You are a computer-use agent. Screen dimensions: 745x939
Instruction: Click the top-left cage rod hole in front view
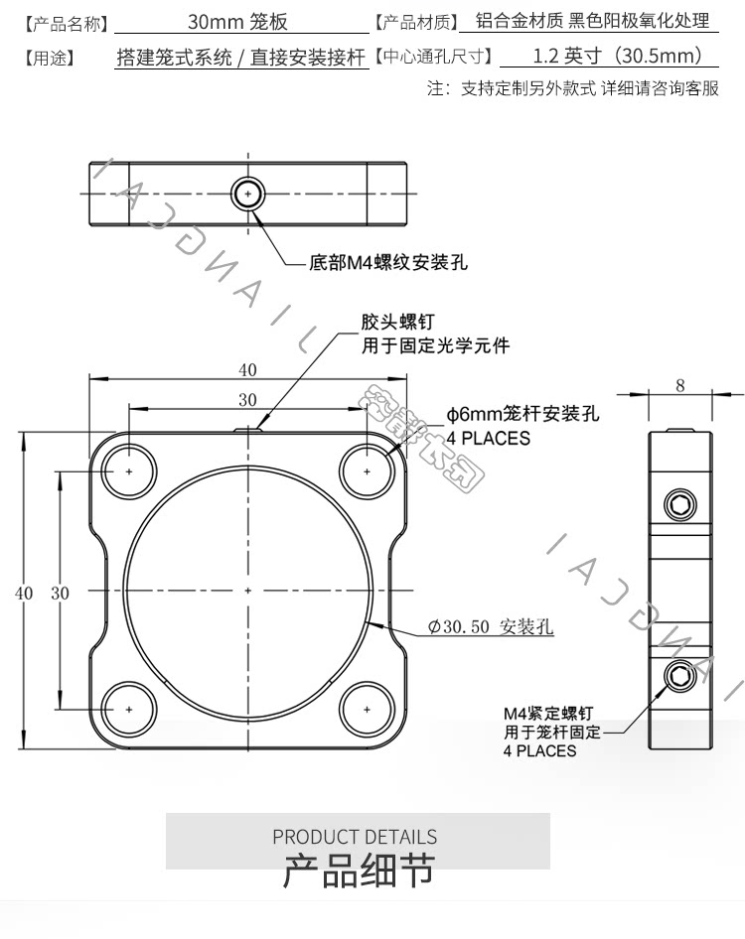129,471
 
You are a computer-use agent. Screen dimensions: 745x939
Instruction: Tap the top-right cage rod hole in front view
367,471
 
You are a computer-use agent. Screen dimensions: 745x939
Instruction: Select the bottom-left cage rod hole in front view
129,710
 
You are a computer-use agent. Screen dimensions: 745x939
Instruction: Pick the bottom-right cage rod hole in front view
367,710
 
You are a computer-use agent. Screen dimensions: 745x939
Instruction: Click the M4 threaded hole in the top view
248,194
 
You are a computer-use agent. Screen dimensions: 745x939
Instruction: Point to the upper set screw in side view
680,505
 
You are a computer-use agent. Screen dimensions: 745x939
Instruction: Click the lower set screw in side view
680,676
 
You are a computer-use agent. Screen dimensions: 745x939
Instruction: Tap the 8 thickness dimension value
680,385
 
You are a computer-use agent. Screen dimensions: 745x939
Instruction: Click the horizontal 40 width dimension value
247,370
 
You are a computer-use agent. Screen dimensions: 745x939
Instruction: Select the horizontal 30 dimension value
247,399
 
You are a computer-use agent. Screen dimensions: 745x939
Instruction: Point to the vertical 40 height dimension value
24,593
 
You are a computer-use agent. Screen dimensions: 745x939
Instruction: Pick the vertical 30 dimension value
60,593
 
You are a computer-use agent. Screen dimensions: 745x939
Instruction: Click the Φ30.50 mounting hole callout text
491,626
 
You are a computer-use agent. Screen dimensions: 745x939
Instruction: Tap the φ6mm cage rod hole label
522,413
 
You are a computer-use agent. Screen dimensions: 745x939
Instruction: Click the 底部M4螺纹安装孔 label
388,262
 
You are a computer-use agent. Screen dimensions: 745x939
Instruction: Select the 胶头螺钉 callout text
397,322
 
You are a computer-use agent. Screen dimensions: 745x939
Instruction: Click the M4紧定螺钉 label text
548,714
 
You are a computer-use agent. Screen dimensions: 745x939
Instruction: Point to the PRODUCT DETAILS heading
355,836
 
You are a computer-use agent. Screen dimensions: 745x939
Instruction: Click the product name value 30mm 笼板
238,22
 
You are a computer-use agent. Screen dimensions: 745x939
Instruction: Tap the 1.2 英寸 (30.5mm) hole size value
617,56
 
